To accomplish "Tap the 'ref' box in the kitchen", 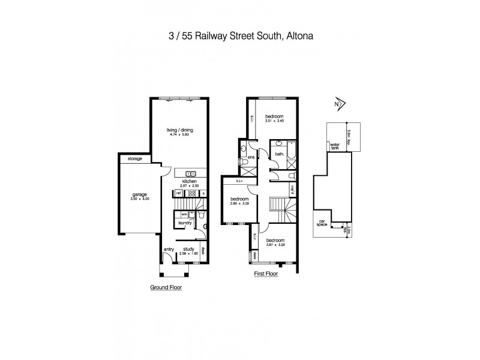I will (x=178, y=193).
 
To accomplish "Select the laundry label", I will (x=184, y=223).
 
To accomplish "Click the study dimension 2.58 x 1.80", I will (x=188, y=254).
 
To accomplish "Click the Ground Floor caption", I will (x=166, y=287).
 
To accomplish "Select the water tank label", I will (x=334, y=146).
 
